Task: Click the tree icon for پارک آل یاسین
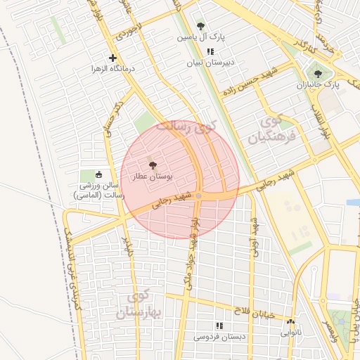tap(201, 25)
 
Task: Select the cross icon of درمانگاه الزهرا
tap(112, 58)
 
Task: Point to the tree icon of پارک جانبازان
tap(318, 73)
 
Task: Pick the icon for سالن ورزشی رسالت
tap(98, 175)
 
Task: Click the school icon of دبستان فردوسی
tap(219, 326)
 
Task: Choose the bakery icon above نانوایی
tap(290, 321)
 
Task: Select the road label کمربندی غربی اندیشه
tap(74, 267)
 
